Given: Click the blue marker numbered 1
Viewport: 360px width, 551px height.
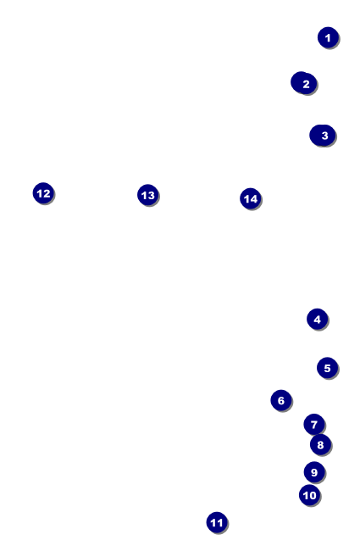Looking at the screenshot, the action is point(328,37).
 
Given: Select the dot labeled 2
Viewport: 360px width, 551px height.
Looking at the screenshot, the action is point(304,83).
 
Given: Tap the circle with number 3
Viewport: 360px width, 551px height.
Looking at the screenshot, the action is point(323,136).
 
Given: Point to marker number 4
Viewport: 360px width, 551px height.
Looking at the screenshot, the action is point(317,319).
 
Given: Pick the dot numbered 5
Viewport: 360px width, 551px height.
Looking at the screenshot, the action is point(327,368).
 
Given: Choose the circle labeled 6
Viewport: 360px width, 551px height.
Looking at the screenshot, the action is point(281,400).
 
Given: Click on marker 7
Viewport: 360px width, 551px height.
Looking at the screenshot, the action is point(314,425).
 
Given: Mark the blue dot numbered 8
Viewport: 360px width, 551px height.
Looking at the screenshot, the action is point(320,444).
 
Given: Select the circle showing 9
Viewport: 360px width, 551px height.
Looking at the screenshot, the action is point(314,472).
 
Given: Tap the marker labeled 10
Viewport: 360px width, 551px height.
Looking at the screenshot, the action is point(309,495).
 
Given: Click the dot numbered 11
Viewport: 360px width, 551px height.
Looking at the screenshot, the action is point(217,522).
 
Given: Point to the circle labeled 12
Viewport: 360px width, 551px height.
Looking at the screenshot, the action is point(43,193).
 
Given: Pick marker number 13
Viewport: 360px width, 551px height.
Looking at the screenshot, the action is point(148,195).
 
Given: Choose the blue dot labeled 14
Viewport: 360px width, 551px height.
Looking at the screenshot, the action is point(251,199).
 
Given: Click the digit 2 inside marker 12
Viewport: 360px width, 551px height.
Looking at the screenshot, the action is point(47,193).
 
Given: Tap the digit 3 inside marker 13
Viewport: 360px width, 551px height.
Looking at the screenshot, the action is point(151,195).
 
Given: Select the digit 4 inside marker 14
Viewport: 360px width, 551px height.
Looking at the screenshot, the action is point(253,199).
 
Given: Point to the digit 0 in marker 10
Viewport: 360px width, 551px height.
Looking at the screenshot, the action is point(313,496).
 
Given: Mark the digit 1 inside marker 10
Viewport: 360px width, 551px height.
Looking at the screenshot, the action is point(306,496).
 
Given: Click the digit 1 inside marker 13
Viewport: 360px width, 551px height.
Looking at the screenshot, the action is point(144,195).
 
